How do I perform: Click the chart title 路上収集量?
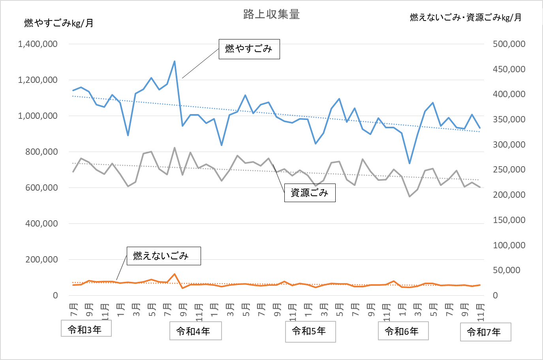[271, 15]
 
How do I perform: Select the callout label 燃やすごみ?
[249, 49]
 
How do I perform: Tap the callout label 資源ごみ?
[310, 193]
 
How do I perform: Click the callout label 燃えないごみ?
[163, 256]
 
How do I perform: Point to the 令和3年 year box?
[86, 328]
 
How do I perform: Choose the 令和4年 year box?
[195, 331]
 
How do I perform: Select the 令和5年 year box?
[310, 331]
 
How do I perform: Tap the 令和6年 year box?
[403, 331]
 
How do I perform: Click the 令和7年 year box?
[485, 332]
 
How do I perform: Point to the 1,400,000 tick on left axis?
[38, 44]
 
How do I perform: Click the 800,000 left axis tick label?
[41, 152]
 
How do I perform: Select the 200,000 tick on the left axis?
[41, 260]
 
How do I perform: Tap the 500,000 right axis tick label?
[509, 44]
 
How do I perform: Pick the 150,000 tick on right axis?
[509, 220]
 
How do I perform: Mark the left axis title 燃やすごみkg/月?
[59, 23]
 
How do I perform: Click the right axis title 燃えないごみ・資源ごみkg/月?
[466, 18]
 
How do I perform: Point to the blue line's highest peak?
[175, 62]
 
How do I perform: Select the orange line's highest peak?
[175, 274]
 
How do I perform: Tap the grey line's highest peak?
[175, 148]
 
